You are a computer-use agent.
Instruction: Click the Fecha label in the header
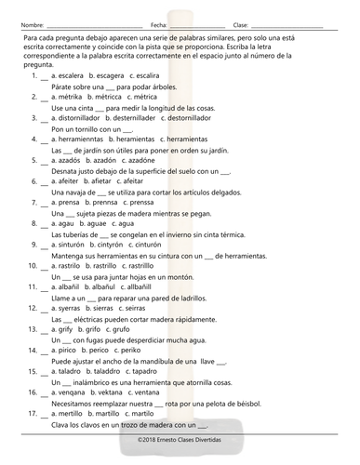tap(159, 24)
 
